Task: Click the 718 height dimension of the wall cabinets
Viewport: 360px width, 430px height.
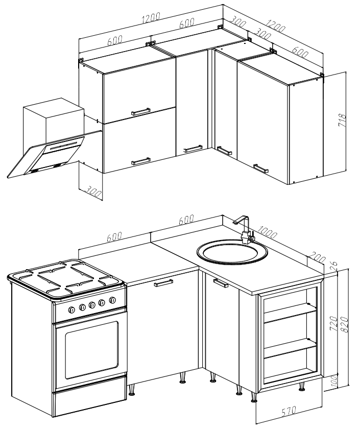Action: click(343, 120)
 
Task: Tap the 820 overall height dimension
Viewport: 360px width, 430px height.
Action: click(345, 325)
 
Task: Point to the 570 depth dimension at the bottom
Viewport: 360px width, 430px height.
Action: click(289, 411)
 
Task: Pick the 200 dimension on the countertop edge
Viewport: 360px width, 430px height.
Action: click(317, 257)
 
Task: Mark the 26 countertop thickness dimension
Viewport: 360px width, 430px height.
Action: click(333, 265)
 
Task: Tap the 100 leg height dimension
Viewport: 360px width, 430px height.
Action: click(333, 380)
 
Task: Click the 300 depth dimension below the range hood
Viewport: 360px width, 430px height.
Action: click(94, 190)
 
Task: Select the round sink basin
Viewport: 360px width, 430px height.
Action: click(232, 252)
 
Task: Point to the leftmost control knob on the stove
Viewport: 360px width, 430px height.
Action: click(71, 310)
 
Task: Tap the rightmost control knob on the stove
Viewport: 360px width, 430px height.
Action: click(112, 300)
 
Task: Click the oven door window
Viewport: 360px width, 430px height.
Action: click(92, 349)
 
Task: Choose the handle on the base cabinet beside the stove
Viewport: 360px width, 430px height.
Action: click(164, 283)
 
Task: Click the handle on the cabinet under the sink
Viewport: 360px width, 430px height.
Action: click(221, 283)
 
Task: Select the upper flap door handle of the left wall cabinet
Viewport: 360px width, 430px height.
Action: click(140, 111)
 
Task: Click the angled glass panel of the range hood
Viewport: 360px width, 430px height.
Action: click(46, 155)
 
